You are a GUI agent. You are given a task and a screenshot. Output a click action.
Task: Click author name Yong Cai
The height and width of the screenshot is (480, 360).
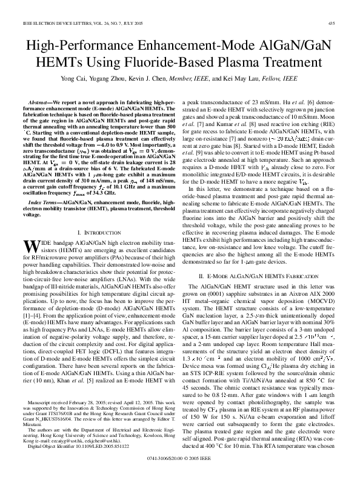pos(105,81)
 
